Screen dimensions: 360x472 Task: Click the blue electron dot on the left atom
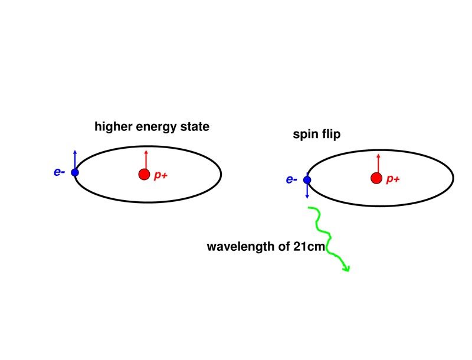click(75, 172)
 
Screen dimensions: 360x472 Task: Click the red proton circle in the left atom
click(144, 174)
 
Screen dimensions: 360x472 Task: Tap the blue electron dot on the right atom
click(307, 179)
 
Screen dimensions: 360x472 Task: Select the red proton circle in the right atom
click(376, 178)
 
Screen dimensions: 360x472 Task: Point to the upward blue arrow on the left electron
click(75, 159)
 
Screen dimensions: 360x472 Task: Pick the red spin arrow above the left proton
click(146, 159)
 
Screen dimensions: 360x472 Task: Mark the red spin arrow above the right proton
click(378, 162)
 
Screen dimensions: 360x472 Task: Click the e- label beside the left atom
click(59, 172)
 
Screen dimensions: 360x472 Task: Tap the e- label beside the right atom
click(291, 179)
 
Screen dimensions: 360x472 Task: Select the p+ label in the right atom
click(393, 179)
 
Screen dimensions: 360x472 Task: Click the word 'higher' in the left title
click(112, 126)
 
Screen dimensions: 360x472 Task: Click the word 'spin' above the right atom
click(305, 135)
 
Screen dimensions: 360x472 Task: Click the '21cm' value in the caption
click(309, 247)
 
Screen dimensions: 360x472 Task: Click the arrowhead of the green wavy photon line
click(346, 269)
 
